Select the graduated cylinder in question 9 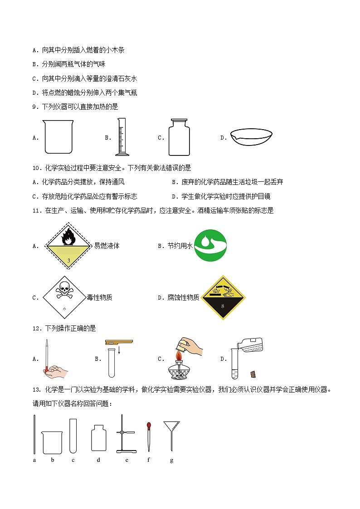pyautogui.click(x=122, y=137)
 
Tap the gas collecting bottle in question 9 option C pyautogui.click(x=179, y=137)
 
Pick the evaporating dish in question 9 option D pyautogui.click(x=251, y=138)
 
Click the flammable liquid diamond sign pyautogui.click(x=68, y=246)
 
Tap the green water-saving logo pyautogui.click(x=210, y=245)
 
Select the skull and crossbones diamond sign pyautogui.click(x=64, y=297)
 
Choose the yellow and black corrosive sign pyautogui.click(x=223, y=297)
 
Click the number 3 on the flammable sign pyautogui.click(x=68, y=260)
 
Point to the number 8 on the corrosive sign pyautogui.click(x=222, y=306)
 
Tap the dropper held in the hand pyautogui.click(x=47, y=356)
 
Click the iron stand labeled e pyautogui.click(x=126, y=434)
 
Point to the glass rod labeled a pyautogui.click(x=34, y=434)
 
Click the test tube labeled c pyautogui.click(x=73, y=436)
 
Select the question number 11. pyautogui.click(x=37, y=211)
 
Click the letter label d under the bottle pyautogui.click(x=98, y=460)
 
